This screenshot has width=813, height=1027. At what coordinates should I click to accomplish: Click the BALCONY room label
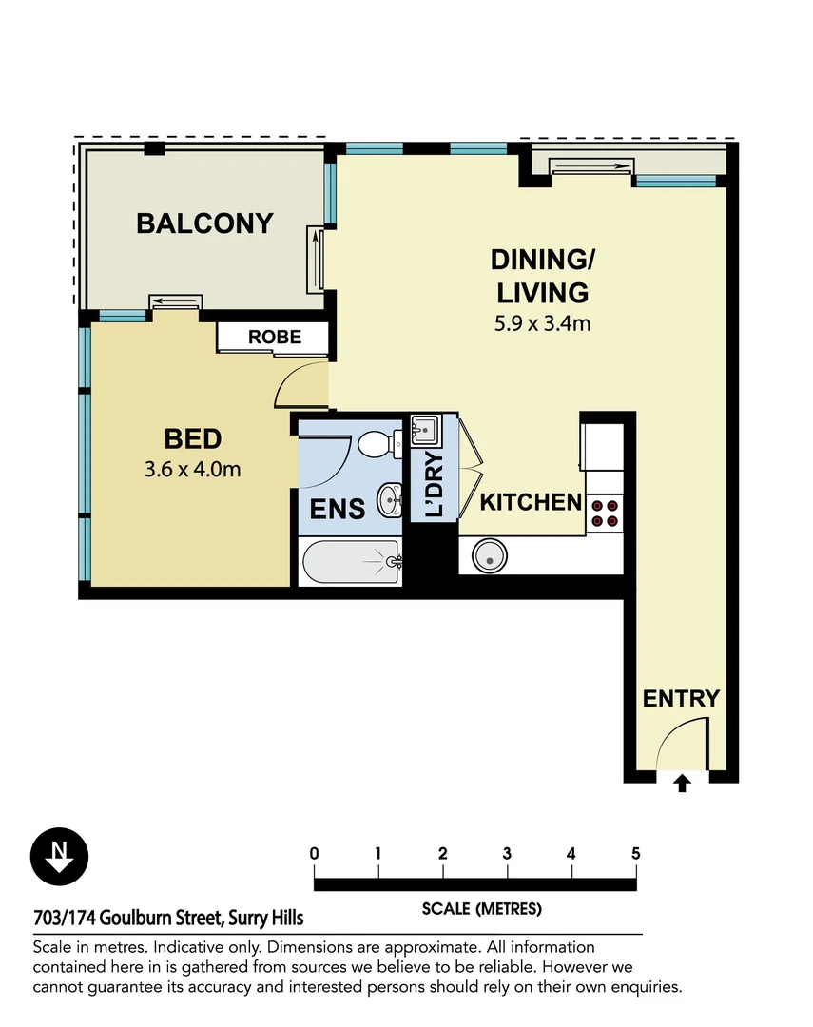tap(204, 223)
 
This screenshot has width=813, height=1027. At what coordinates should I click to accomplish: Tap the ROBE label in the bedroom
tap(275, 337)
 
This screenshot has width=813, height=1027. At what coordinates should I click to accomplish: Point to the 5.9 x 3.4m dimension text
tap(542, 323)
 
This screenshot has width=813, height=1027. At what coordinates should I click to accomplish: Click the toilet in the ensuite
tap(377, 443)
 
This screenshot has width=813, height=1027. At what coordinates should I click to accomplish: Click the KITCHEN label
tap(530, 502)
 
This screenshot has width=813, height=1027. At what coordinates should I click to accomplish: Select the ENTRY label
tap(681, 699)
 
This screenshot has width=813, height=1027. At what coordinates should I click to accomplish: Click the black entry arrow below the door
tap(682, 784)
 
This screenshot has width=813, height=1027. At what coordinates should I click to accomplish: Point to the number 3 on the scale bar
tap(507, 853)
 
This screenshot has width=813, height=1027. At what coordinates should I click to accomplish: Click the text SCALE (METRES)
tap(481, 909)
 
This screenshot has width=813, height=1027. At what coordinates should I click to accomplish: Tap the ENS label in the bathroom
tap(338, 509)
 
